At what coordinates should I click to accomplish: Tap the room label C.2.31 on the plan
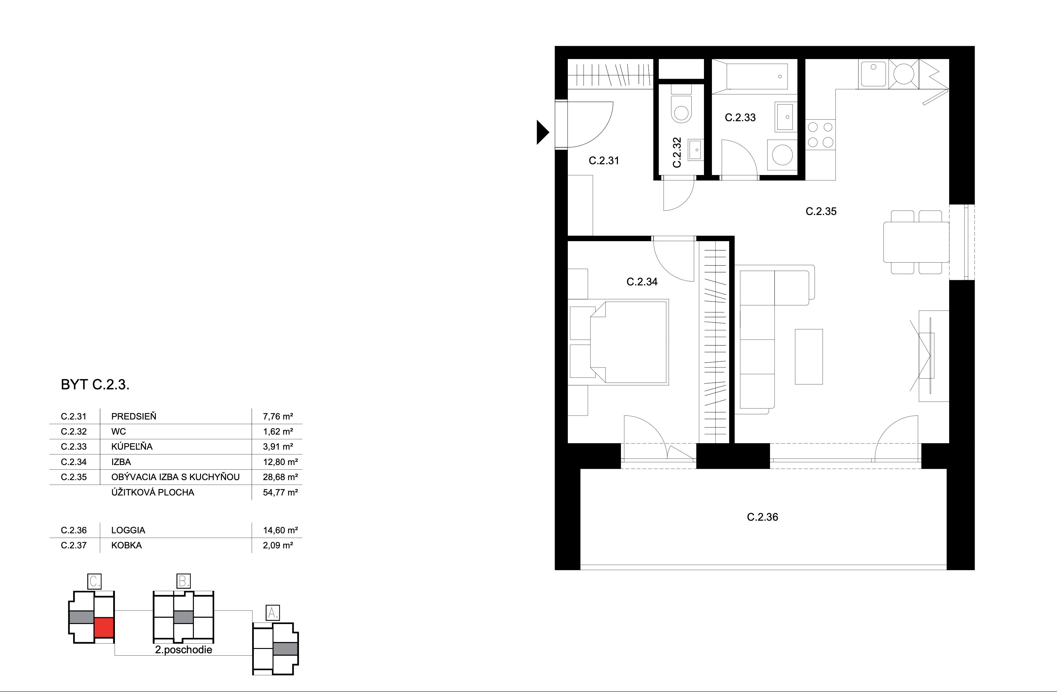pyautogui.click(x=603, y=161)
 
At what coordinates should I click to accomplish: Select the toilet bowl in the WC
pyautogui.click(x=681, y=109)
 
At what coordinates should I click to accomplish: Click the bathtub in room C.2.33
pyautogui.click(x=750, y=77)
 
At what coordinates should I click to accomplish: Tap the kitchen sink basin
pyautogui.click(x=873, y=74)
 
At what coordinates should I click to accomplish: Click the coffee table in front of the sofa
pyautogui.click(x=809, y=356)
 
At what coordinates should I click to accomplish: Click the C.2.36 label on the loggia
pyautogui.click(x=763, y=517)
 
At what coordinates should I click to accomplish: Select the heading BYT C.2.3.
pyautogui.click(x=95, y=384)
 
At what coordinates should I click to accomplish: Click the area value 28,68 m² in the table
pyautogui.click(x=280, y=477)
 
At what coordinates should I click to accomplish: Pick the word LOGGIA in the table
pyautogui.click(x=128, y=530)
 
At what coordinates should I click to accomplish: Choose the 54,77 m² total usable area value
pyautogui.click(x=280, y=492)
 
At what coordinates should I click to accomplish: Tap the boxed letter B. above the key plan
pyautogui.click(x=184, y=581)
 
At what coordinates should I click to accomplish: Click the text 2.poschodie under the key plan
pyautogui.click(x=183, y=650)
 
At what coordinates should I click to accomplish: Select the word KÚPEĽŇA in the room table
pyautogui.click(x=132, y=446)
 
